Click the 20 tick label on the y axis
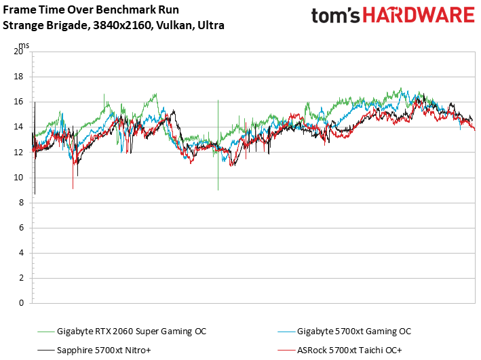click(x=20, y=52)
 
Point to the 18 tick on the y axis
click(x=20, y=77)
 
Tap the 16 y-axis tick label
click(x=20, y=102)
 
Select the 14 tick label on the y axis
click(x=20, y=127)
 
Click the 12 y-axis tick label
click(x=20, y=152)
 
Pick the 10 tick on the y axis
click(x=20, y=178)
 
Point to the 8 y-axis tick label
click(x=22, y=203)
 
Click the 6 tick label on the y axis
click(x=22, y=228)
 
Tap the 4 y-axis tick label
click(x=22, y=253)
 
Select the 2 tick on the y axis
click(x=22, y=278)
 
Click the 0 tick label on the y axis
click(x=22, y=303)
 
